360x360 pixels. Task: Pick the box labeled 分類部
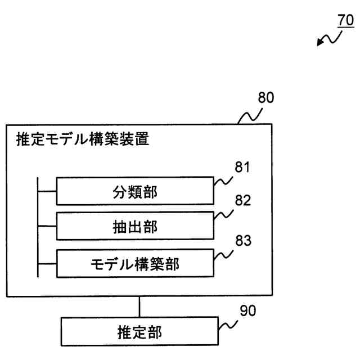(135, 192)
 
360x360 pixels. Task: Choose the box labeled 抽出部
(135, 226)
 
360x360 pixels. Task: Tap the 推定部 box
(139, 332)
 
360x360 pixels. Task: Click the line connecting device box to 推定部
(139, 308)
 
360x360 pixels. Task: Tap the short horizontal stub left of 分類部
(47, 191)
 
